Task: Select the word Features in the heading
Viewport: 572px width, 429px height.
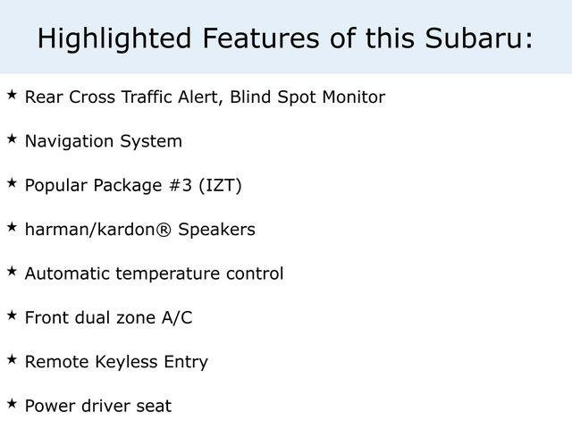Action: coord(261,38)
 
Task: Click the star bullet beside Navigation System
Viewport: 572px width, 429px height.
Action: coord(12,139)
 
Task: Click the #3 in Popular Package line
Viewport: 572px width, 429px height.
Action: coord(181,185)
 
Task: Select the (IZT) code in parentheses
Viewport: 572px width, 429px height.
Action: coord(221,186)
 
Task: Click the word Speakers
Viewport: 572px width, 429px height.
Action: coord(216,230)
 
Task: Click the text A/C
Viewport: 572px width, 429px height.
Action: coord(177,317)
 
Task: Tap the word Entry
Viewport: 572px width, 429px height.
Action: coord(186,362)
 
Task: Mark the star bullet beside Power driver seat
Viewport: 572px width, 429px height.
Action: coord(12,403)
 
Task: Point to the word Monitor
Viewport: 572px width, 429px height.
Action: coord(354,97)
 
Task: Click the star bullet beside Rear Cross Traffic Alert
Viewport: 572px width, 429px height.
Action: coord(12,95)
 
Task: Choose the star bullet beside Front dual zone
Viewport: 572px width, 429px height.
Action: coord(12,315)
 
